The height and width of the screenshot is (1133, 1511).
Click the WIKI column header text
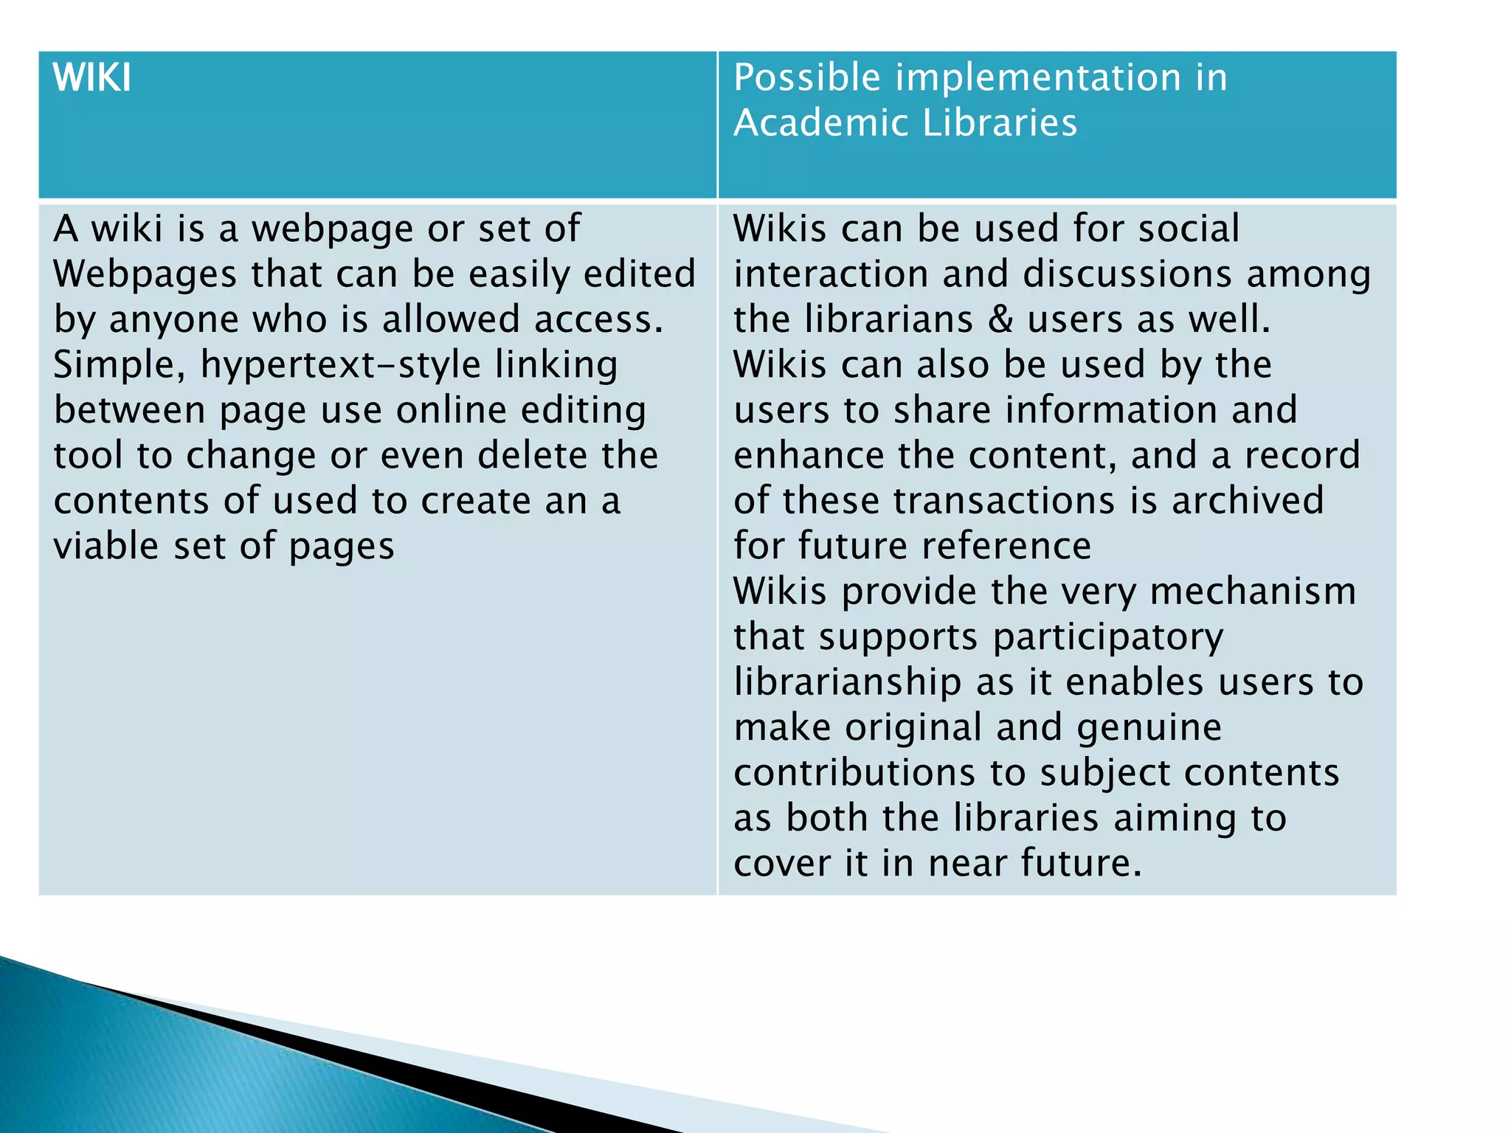tap(92, 77)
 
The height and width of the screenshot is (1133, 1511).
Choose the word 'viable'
tap(106, 547)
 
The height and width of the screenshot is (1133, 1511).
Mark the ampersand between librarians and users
tap(1000, 319)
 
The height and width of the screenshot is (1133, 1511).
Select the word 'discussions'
tap(1128, 274)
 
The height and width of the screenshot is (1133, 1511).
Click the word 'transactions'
tap(1004, 501)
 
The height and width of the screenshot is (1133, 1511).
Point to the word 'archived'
tap(1248, 501)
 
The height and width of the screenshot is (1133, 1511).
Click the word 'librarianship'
tap(848, 682)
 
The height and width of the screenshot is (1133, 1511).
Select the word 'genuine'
tap(1149, 728)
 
